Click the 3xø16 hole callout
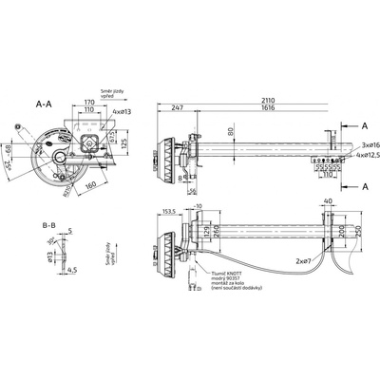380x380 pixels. [x=368, y=143]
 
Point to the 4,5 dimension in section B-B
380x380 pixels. [x=73, y=268]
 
